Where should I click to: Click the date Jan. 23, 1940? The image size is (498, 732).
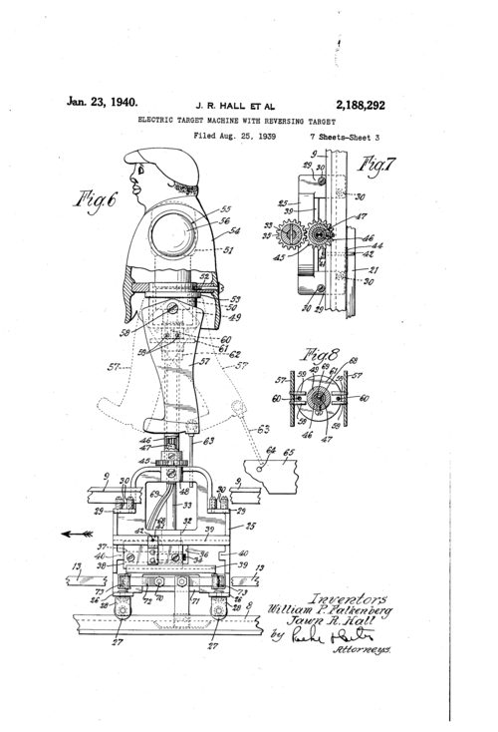[103, 100]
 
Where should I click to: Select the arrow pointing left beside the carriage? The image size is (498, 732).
[74, 534]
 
